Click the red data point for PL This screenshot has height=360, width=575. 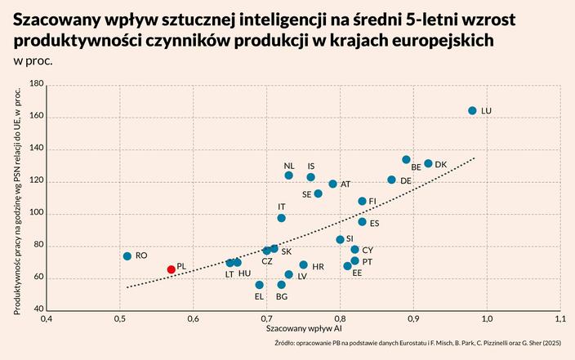tap(172, 269)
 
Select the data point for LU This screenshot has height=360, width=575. tap(472, 110)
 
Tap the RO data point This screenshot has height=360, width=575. tap(127, 256)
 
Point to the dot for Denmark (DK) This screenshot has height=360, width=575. tap(428, 164)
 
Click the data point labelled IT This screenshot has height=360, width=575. tap(282, 218)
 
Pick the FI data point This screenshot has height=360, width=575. tap(363, 201)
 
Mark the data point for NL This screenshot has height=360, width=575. tap(289, 176)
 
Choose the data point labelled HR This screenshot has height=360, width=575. tap(304, 265)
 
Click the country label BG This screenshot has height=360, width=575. tap(282, 296)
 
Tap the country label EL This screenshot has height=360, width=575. tap(259, 296)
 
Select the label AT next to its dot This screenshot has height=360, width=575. tap(345, 184)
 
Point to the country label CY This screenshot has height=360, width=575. tap(368, 250)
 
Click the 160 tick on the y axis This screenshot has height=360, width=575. tap(36, 117)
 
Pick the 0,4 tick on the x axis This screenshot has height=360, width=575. tap(47, 318)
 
